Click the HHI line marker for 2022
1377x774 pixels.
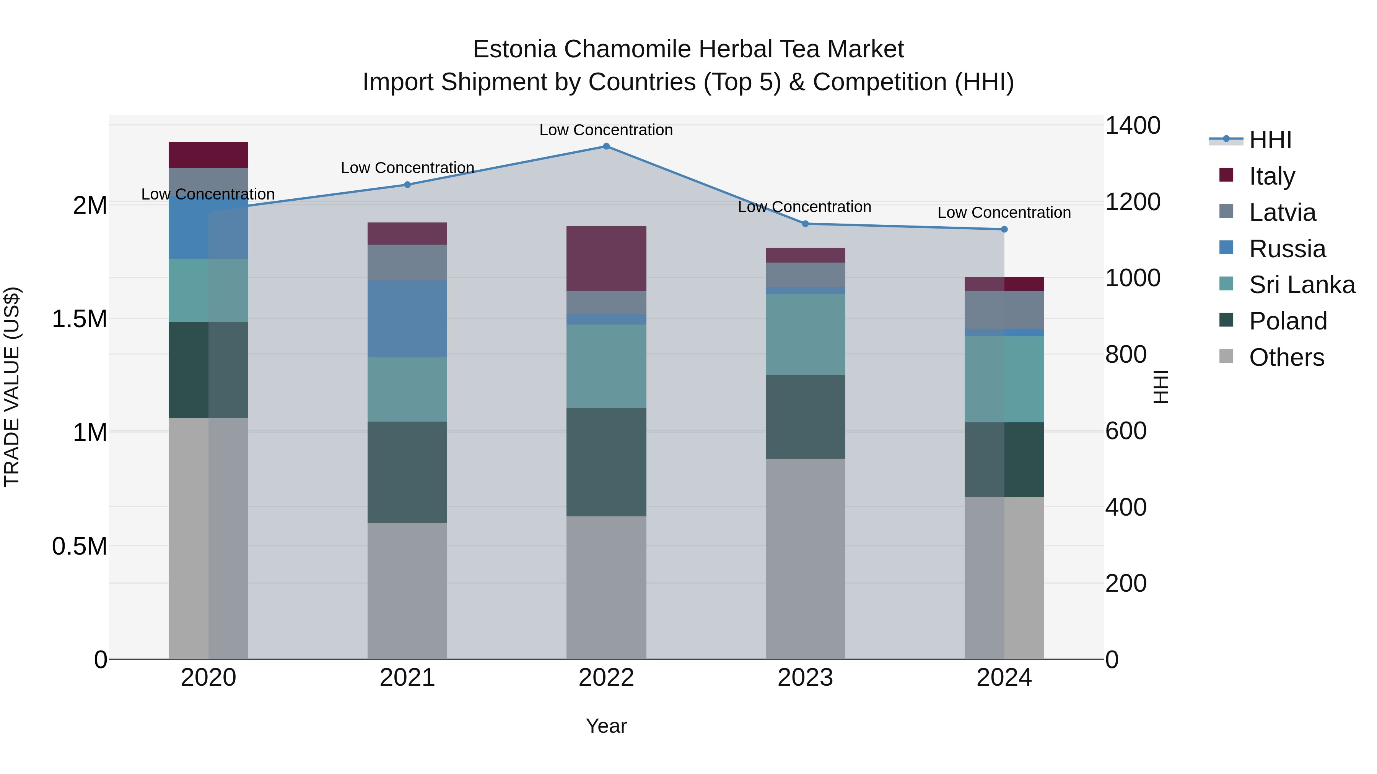tap(606, 146)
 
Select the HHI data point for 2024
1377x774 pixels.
tap(1004, 229)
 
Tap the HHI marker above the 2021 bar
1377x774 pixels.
tap(407, 185)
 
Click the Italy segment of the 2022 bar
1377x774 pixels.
tap(606, 258)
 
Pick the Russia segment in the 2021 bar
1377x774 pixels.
tap(407, 319)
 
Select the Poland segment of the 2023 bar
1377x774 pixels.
tap(805, 417)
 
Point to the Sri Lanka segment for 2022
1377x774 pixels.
tap(606, 367)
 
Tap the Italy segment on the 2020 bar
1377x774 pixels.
tap(208, 155)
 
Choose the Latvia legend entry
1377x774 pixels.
tap(1282, 213)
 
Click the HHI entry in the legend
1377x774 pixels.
tap(1270, 140)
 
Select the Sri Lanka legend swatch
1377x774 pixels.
tap(1226, 284)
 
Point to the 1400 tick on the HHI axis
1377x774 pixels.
tap(1132, 126)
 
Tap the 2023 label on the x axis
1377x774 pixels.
tap(805, 678)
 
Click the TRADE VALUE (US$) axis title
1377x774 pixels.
tap(12, 387)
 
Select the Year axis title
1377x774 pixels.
tap(606, 726)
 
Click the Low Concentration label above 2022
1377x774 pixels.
tap(606, 130)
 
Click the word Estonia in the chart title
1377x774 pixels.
tap(514, 49)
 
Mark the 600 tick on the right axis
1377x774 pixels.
tap(1125, 431)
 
